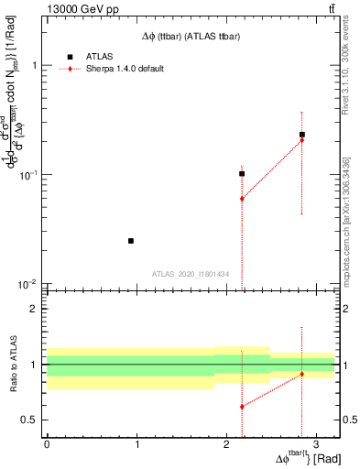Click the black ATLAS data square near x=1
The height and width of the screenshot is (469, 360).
131,241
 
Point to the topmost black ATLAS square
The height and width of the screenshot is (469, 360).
301,135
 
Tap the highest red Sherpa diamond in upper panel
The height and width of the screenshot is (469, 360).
301,140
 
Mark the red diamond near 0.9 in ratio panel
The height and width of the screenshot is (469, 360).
301,374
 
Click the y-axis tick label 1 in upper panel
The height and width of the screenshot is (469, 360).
34,66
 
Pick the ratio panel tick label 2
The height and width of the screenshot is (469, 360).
34,310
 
